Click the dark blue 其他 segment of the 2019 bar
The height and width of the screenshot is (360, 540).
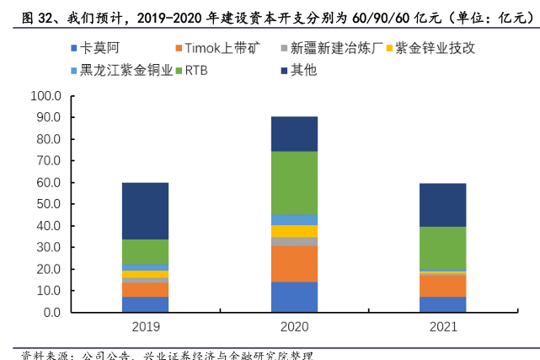tap(145, 211)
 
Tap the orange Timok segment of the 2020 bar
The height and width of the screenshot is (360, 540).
tap(294, 264)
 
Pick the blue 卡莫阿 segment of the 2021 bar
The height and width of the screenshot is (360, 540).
tap(442, 304)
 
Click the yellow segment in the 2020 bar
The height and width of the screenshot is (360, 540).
tap(294, 231)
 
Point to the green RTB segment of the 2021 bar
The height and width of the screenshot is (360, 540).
tap(442, 248)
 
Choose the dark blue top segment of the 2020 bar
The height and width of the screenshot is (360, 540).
tap(294, 133)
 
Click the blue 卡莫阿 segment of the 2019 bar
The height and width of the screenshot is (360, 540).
tap(145, 304)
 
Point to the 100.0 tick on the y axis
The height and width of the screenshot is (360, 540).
tap(45, 95)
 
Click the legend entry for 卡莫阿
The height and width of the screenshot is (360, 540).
tap(105, 49)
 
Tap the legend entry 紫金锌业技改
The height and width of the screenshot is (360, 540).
tap(436, 49)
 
